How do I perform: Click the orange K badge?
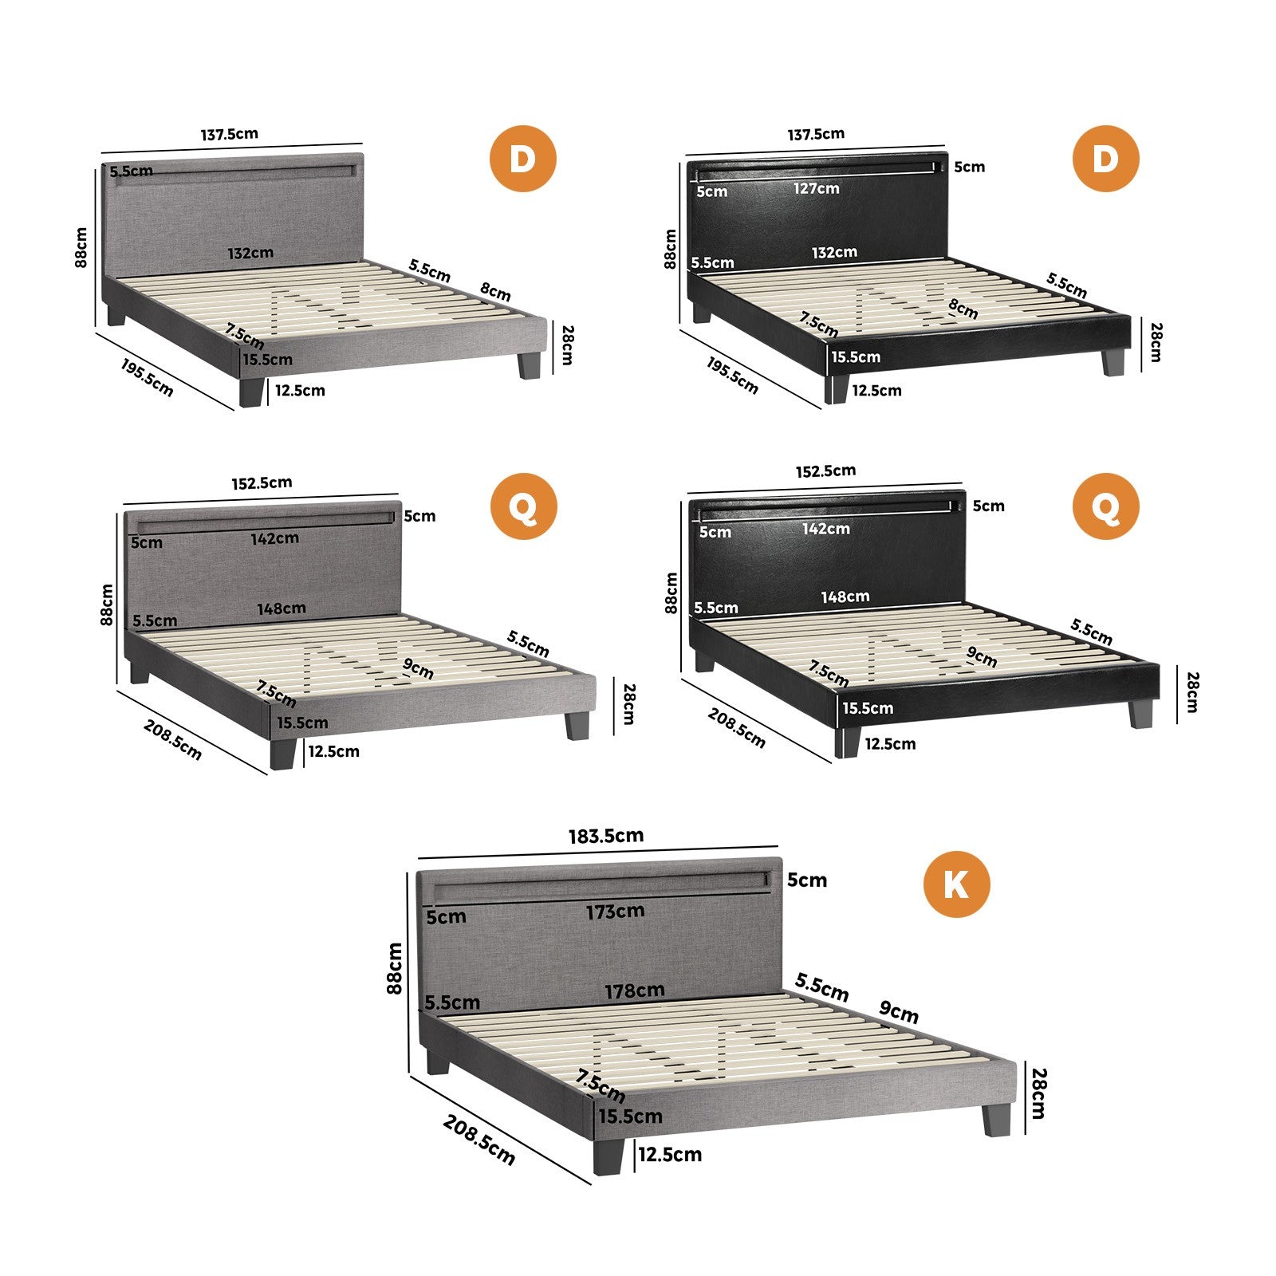956,884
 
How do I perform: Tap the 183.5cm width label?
606,836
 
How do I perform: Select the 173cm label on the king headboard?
615,911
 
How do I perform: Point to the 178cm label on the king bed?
635,990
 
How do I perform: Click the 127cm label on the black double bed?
816,188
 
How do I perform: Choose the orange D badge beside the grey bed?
522,159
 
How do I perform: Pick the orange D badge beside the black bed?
1105,159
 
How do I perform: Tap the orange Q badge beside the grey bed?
522,506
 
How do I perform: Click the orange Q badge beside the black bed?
1105,506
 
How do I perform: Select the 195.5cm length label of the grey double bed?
147,376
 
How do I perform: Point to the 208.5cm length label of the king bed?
479,1140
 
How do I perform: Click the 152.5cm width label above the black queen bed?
825,471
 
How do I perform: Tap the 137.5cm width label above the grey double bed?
230,134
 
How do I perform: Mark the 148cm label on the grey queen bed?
282,608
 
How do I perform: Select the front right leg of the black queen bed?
1140,714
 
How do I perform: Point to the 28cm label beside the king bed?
1038,1093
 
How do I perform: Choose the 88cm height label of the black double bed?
671,249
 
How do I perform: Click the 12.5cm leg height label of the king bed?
670,1154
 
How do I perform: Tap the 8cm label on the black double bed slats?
963,309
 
